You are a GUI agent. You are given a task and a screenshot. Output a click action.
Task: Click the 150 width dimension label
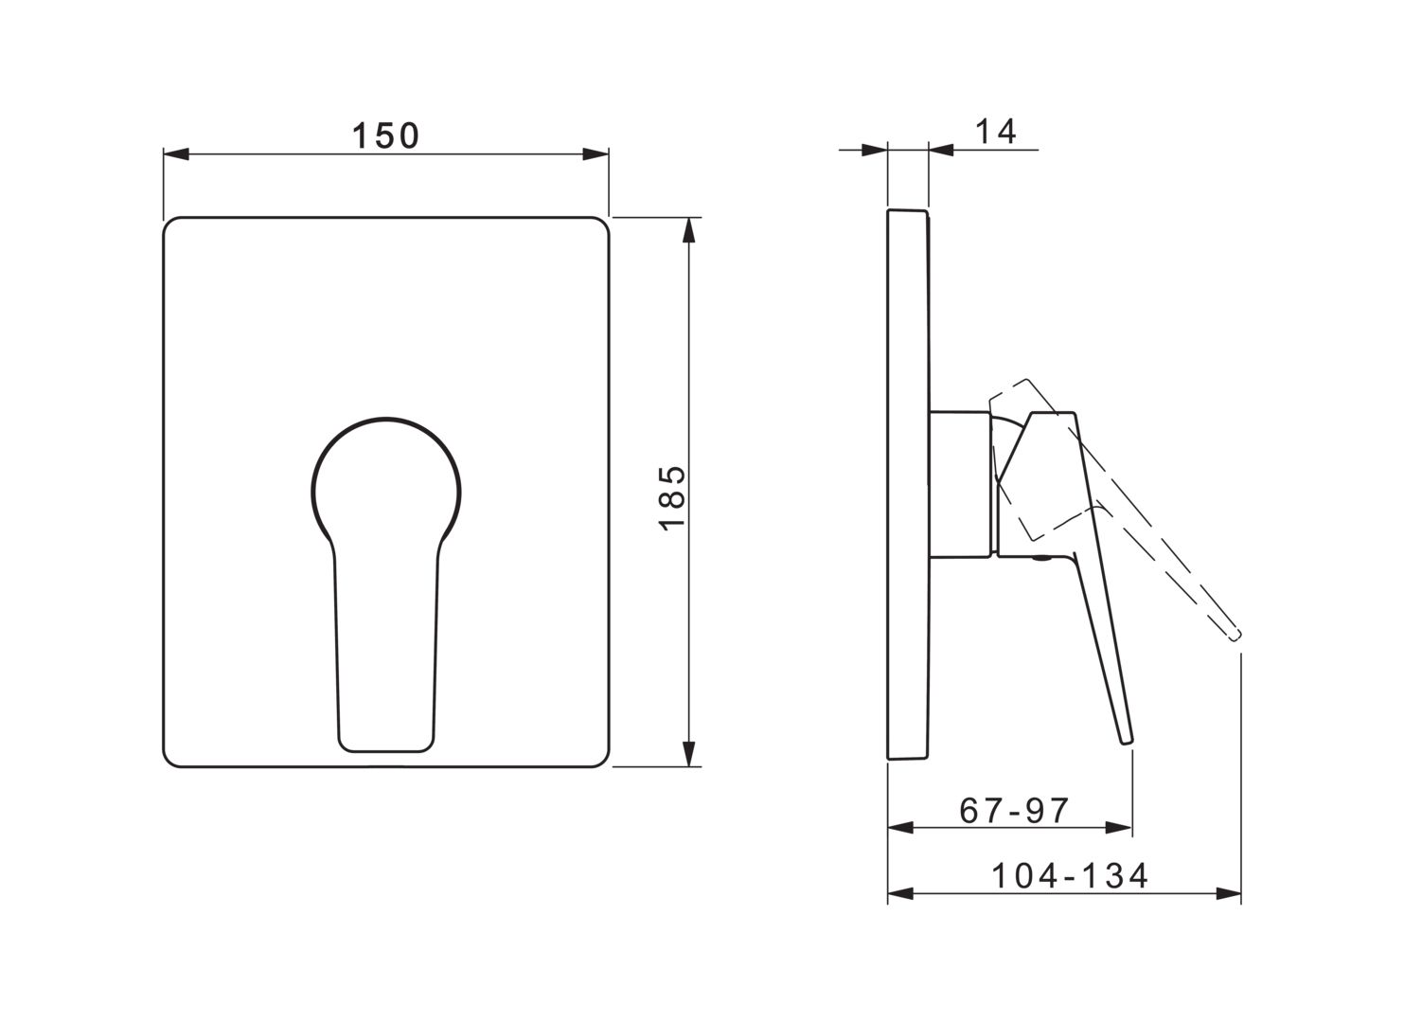tap(385, 135)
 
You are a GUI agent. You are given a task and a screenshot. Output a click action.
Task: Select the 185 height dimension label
tap(672, 498)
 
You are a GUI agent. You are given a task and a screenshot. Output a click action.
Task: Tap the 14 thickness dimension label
tap(996, 132)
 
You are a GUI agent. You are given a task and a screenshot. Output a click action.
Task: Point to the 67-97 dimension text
tap(1014, 811)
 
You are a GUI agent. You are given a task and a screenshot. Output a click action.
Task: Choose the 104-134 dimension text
tap(1070, 875)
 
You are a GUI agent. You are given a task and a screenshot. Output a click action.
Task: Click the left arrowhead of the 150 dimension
tap(176, 154)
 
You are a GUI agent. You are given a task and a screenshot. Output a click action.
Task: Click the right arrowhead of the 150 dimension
tap(595, 154)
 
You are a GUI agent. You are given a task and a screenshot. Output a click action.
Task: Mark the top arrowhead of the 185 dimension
tap(689, 230)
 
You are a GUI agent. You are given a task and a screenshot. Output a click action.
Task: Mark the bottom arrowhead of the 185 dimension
tap(689, 754)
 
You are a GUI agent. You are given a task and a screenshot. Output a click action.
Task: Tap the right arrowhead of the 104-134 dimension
tap(1229, 894)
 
